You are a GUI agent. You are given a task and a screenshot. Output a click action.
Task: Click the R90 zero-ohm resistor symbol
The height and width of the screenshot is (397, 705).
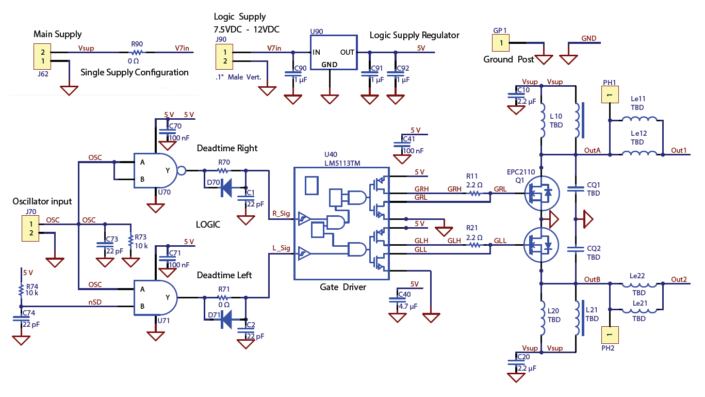pyautogui.click(x=136, y=52)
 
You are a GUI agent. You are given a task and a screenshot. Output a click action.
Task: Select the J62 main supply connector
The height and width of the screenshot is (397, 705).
pyautogui.click(x=43, y=57)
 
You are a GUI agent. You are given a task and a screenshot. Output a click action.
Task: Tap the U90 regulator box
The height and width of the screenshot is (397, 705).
pyautogui.click(x=333, y=53)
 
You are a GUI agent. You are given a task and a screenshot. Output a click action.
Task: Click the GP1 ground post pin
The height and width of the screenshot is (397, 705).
pyautogui.click(x=500, y=43)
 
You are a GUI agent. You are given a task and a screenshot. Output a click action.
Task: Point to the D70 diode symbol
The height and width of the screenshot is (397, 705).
pyautogui.click(x=226, y=188)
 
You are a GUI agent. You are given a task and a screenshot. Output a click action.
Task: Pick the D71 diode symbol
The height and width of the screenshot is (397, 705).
pyautogui.click(x=226, y=320)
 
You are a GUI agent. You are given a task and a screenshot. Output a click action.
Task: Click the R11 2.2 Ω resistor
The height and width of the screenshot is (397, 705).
pyautogui.click(x=475, y=194)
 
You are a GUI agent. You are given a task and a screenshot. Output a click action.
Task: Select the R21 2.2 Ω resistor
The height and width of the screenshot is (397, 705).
pyautogui.click(x=475, y=245)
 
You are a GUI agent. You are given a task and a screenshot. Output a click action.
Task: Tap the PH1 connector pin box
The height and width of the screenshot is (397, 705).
pyautogui.click(x=610, y=96)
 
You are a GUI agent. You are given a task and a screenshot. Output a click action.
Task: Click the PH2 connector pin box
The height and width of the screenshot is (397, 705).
pyautogui.click(x=610, y=335)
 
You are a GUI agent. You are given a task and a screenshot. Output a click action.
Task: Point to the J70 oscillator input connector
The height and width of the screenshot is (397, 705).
pyautogui.click(x=30, y=229)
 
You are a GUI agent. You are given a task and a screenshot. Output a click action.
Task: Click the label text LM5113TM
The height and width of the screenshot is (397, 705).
pyautogui.click(x=341, y=163)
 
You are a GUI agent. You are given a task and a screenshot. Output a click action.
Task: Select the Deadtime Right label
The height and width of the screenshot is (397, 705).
pyautogui.click(x=227, y=148)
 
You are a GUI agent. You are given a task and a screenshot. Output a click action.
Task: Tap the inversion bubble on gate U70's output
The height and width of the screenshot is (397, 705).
pyautogui.click(x=181, y=170)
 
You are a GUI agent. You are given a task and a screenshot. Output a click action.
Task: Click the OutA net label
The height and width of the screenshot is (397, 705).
pyautogui.click(x=592, y=150)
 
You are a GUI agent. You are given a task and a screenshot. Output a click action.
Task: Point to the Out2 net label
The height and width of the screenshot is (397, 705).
pyautogui.click(x=679, y=279)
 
